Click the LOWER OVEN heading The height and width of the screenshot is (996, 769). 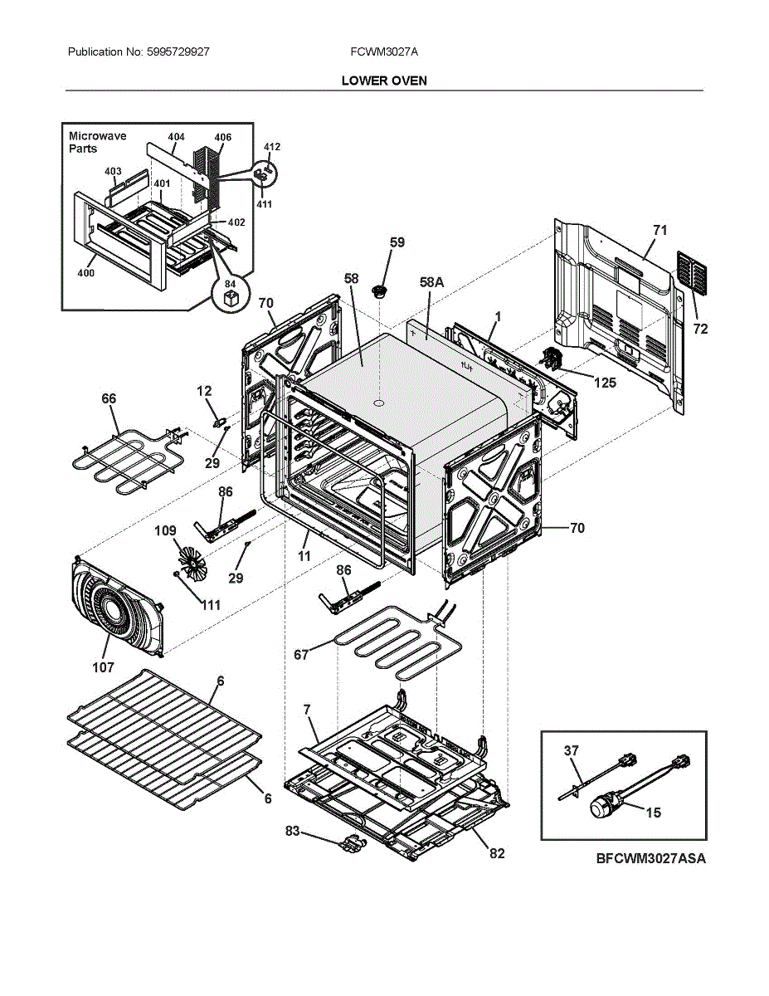(384, 81)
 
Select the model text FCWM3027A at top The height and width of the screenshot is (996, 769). (384, 51)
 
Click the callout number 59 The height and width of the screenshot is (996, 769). (397, 242)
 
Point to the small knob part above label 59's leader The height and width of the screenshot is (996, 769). (381, 290)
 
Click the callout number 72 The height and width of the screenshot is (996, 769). (700, 330)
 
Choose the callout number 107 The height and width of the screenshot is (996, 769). (104, 666)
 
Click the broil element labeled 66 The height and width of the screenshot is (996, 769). (131, 459)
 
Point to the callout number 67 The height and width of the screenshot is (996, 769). (301, 655)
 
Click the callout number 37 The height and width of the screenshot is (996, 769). (571, 750)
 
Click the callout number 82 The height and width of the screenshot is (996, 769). (496, 852)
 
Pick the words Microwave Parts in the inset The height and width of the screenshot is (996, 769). (97, 142)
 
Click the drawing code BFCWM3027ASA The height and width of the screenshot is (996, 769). (650, 859)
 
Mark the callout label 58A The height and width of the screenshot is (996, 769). (431, 283)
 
